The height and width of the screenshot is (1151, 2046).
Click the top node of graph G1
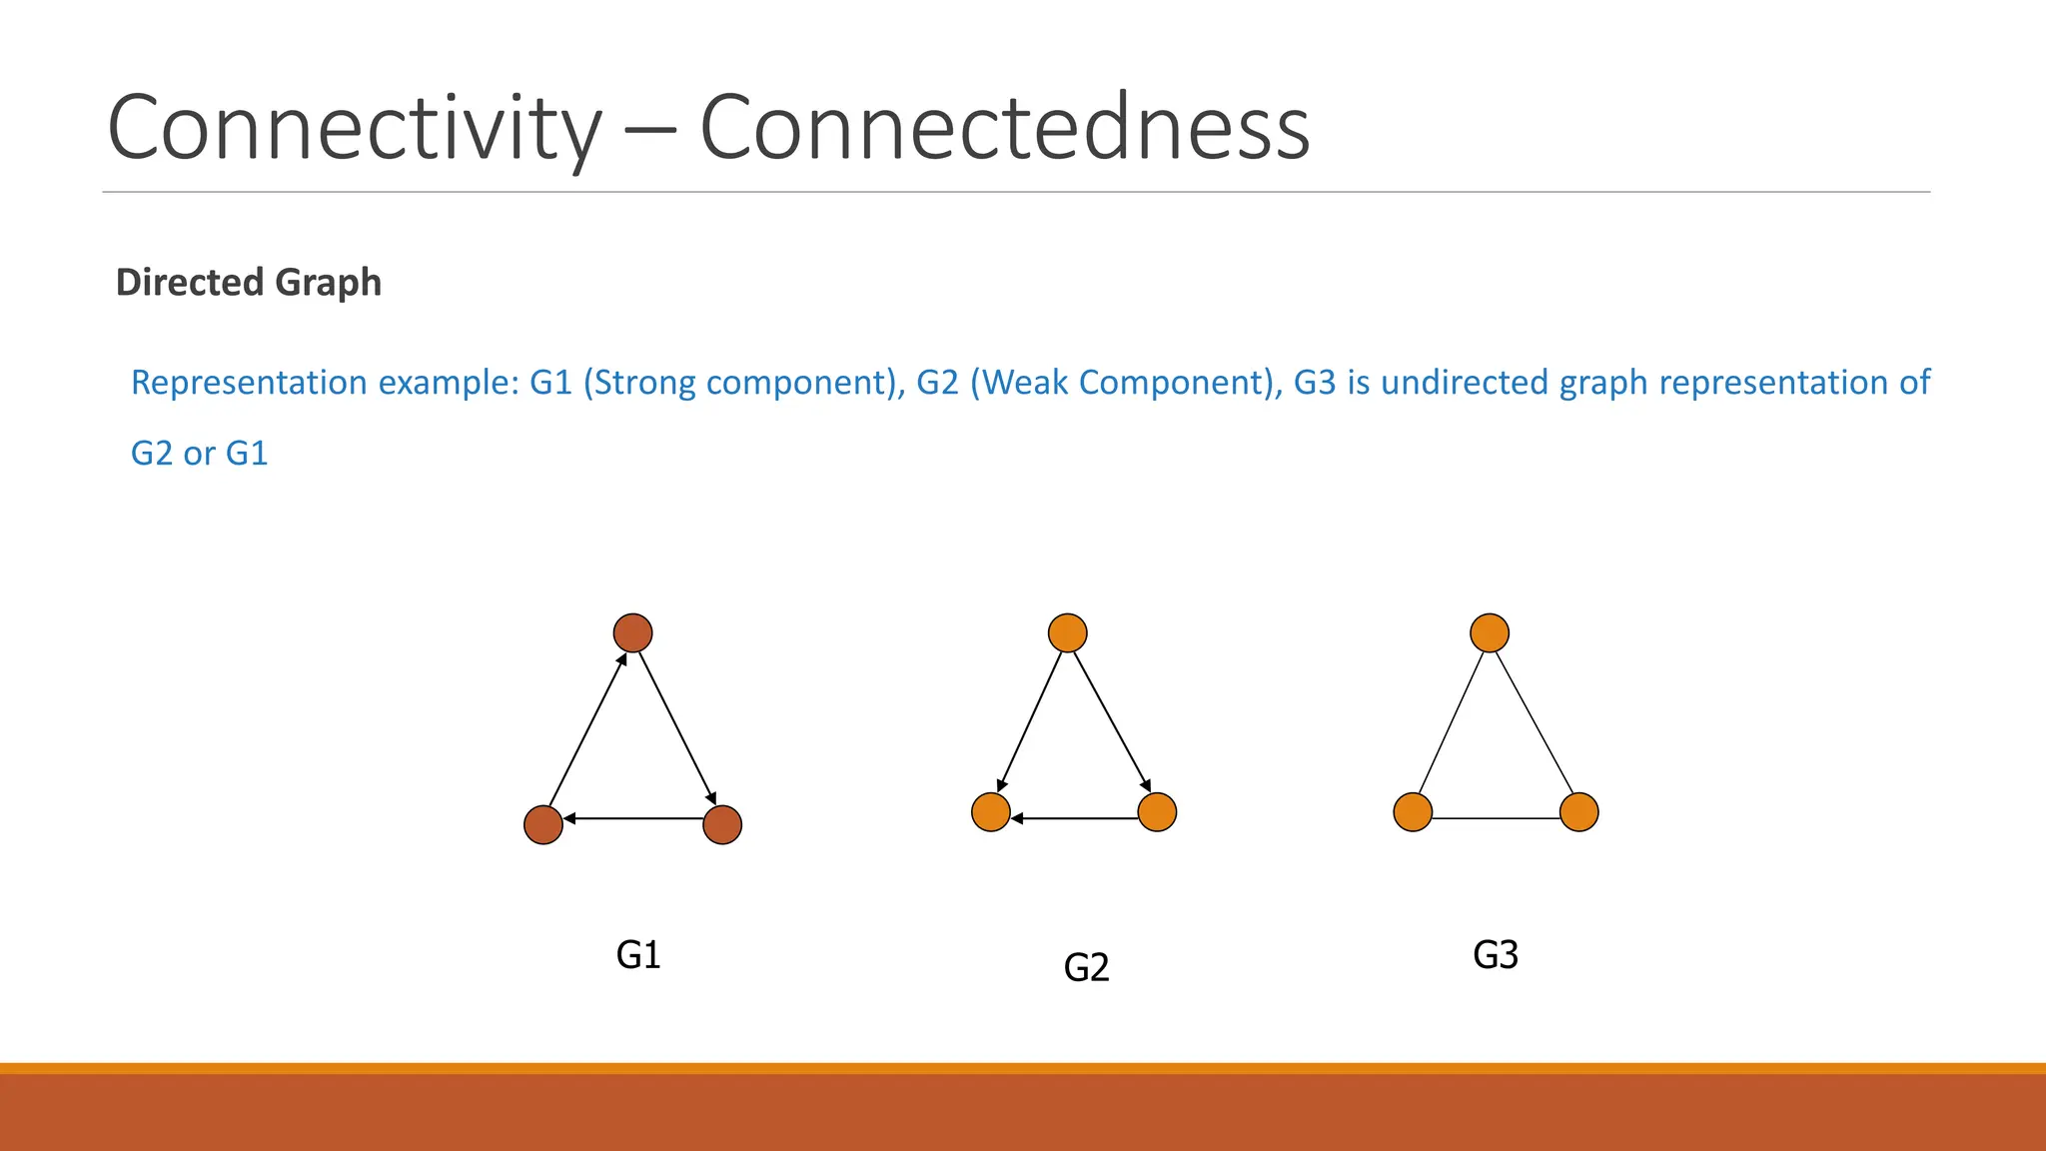tap(632, 632)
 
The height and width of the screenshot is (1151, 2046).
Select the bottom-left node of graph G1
tap(543, 824)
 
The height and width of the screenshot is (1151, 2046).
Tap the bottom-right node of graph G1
tap(722, 824)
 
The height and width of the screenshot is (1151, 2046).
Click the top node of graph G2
tap(1068, 632)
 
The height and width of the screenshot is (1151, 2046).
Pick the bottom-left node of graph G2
tap(991, 812)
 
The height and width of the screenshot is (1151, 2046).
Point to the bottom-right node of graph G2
tap(1157, 812)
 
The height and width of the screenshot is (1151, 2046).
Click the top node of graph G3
tap(1490, 632)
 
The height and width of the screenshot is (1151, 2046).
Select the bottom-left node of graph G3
tap(1413, 812)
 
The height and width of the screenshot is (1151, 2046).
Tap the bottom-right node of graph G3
tap(1579, 812)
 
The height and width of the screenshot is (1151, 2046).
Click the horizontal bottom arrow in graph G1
tap(633, 818)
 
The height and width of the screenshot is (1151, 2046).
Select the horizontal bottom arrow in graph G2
tap(1075, 818)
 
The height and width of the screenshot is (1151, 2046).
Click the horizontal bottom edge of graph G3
tap(1497, 818)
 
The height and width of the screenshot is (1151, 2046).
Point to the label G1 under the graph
tap(638, 955)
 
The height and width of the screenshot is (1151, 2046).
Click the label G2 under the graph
tap(1086, 967)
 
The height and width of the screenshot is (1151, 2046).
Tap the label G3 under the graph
tap(1496, 955)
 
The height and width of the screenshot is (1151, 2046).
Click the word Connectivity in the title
tap(355, 128)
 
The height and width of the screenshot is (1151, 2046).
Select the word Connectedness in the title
tap(1004, 128)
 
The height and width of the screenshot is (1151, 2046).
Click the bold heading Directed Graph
tap(249, 283)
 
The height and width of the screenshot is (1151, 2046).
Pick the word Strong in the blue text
tap(645, 383)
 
